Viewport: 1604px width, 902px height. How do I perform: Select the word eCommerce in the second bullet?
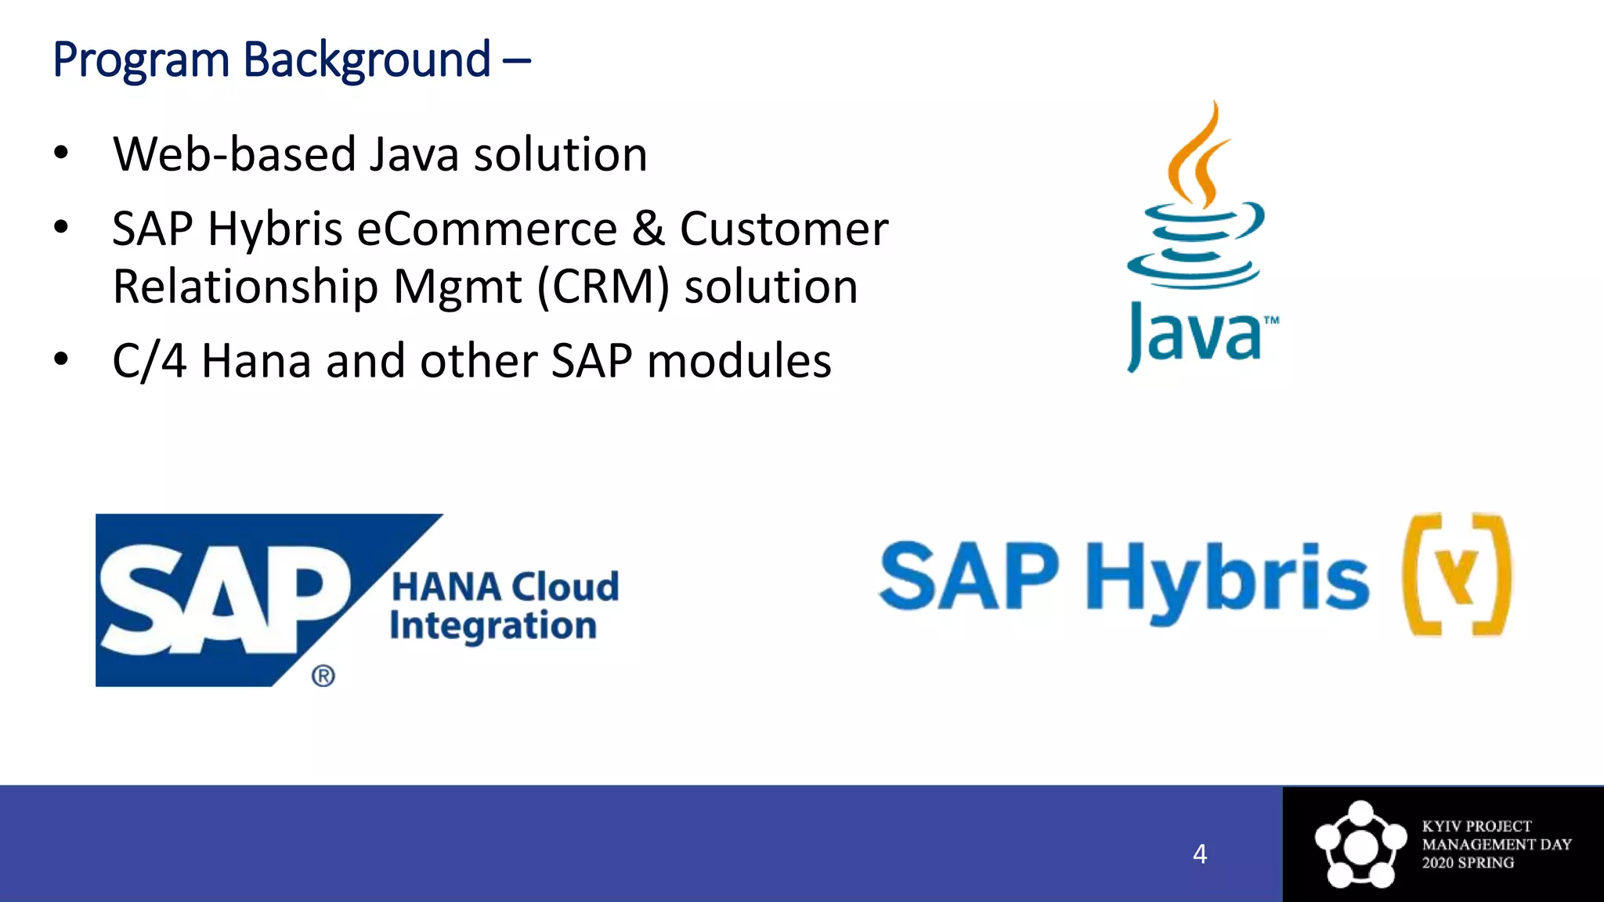(x=486, y=229)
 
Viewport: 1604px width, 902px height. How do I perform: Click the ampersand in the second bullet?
(x=648, y=229)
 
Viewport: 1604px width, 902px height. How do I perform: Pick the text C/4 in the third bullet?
(x=149, y=362)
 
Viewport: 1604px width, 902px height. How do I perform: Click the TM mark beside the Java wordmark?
(x=1271, y=320)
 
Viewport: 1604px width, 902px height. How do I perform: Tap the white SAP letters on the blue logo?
(x=223, y=599)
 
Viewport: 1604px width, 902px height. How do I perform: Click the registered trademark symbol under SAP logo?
(x=323, y=676)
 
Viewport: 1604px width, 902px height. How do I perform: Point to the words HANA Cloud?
(x=505, y=587)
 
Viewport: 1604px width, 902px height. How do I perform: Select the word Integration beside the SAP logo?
(x=493, y=626)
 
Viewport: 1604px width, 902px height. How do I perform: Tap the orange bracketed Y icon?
(x=1457, y=575)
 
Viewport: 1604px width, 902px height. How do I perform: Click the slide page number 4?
(x=1199, y=853)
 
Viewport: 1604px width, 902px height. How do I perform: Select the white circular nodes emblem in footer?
(x=1360, y=845)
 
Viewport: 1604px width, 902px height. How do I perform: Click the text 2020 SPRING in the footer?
(x=1468, y=863)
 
